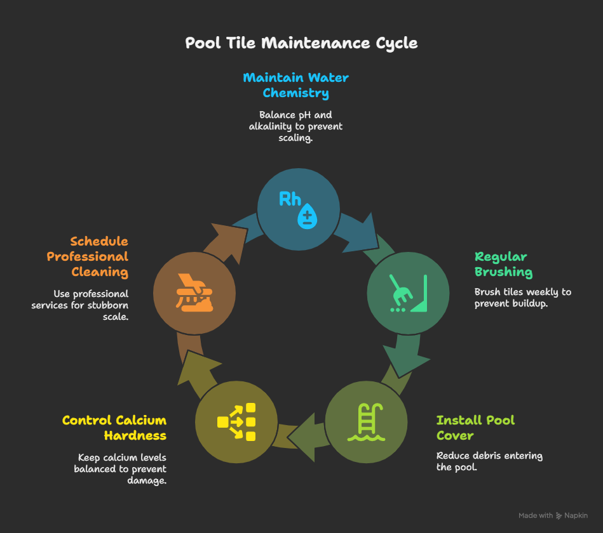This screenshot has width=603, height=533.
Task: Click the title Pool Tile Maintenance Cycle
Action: [301, 43]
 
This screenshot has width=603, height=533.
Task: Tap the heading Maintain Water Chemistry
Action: [295, 85]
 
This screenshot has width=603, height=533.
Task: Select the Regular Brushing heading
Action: [503, 264]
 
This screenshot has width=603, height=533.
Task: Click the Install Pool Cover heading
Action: [475, 428]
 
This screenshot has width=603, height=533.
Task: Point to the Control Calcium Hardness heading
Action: [114, 428]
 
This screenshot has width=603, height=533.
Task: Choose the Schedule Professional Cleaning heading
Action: [87, 256]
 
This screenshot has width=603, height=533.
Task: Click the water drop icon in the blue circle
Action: [308, 216]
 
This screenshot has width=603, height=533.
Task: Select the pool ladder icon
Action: [365, 421]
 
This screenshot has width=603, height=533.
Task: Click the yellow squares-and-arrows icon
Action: [236, 421]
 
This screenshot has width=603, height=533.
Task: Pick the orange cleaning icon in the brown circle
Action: [194, 293]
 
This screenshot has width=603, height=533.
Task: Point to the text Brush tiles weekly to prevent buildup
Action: [522, 298]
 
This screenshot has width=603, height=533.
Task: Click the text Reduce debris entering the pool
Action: [489, 461]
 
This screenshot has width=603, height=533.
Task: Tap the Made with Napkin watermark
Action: [553, 516]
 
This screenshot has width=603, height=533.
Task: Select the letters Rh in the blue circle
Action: [290, 199]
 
